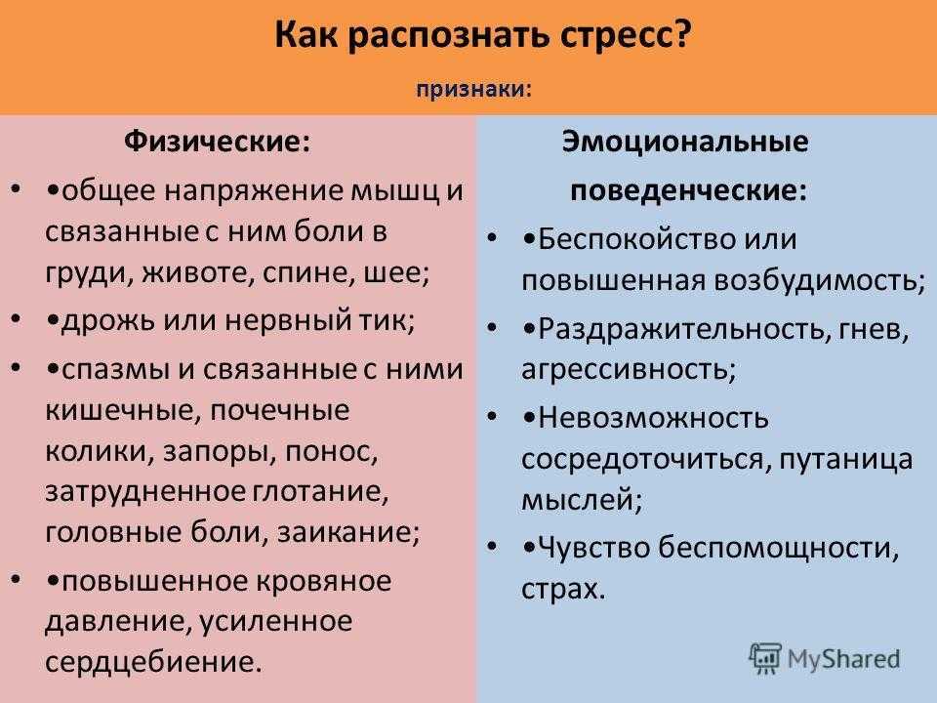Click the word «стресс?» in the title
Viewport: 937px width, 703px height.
point(627,36)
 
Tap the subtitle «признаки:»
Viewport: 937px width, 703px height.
point(474,90)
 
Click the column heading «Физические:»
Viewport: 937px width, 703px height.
point(218,143)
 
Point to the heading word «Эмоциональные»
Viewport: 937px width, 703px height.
point(685,143)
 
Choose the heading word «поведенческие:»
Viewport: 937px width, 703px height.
point(688,190)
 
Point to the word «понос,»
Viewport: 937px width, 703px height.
point(332,451)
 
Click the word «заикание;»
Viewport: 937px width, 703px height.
point(348,532)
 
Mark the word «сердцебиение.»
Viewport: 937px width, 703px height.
point(153,662)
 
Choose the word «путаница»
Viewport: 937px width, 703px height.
point(846,460)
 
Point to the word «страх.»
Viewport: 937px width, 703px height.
point(563,589)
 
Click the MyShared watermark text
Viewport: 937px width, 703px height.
point(843,659)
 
